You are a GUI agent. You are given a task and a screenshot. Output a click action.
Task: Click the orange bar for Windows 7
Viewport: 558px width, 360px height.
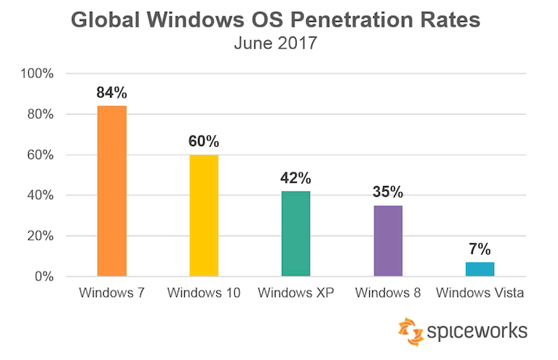(x=112, y=191)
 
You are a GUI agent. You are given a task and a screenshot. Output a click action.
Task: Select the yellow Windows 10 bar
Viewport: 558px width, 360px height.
(x=204, y=216)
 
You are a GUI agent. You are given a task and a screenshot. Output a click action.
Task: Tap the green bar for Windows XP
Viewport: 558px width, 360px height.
(x=296, y=233)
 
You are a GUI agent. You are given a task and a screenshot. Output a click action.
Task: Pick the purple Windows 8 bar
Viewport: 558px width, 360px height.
(x=388, y=241)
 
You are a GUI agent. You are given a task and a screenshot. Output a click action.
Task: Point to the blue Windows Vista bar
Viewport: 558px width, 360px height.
(x=480, y=269)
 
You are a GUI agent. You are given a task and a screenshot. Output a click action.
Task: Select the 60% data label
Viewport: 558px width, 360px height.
(x=204, y=141)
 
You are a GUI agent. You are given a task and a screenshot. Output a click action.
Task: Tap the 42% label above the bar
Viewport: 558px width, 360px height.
(x=296, y=177)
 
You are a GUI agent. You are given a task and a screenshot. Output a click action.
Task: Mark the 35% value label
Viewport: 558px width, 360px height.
(x=388, y=192)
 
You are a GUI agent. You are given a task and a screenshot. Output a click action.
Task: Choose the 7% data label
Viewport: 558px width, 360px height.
(x=480, y=249)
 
